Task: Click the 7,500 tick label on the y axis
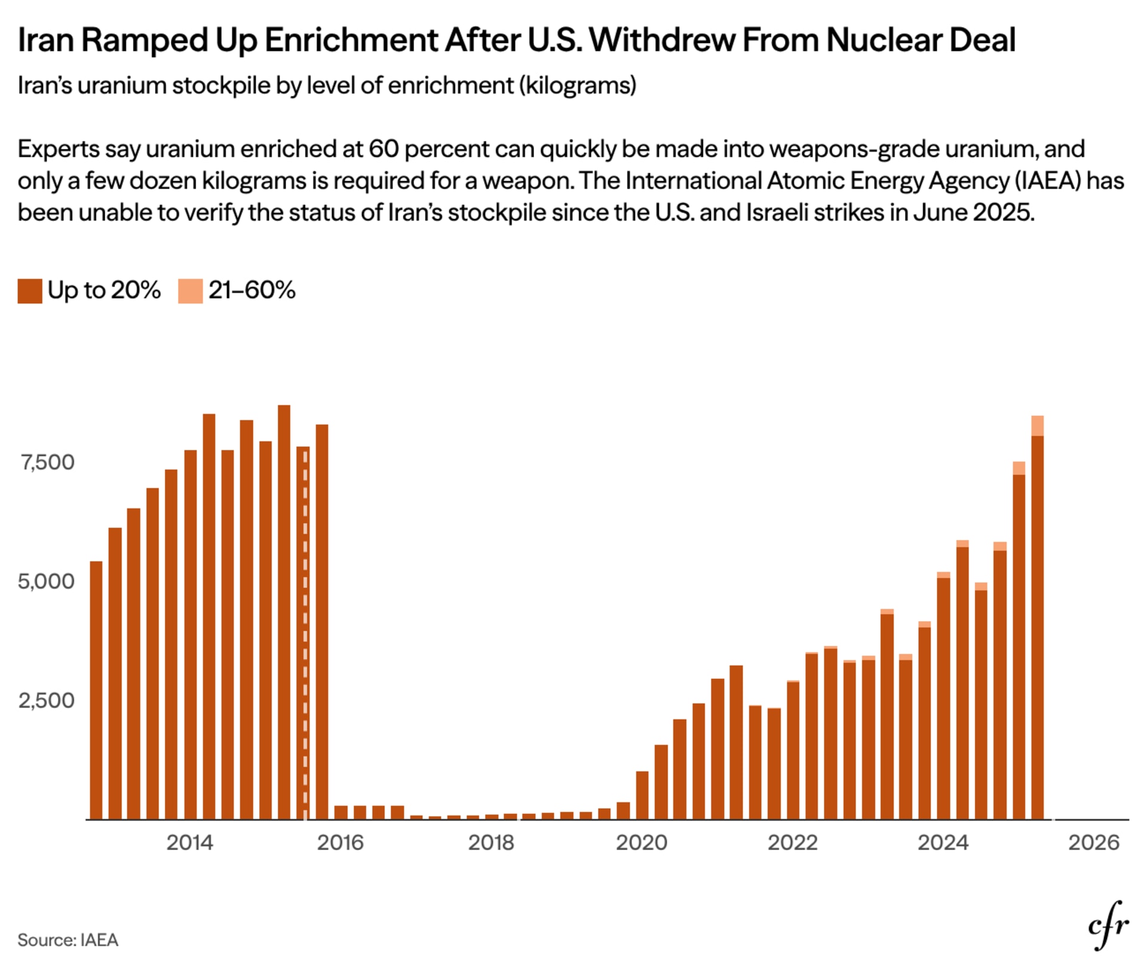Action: (47, 462)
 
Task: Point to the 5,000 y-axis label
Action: (46, 581)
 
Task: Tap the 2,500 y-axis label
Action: (46, 700)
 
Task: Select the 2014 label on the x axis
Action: (189, 842)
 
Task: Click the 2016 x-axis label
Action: (340, 842)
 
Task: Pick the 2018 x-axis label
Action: (491, 842)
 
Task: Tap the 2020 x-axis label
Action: (642, 842)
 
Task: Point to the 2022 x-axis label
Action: (792, 842)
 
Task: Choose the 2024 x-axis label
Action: (943, 842)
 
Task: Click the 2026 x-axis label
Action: (1094, 842)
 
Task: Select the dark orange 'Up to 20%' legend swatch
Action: (30, 291)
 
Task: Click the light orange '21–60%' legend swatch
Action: (191, 291)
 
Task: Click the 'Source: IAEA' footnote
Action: (68, 940)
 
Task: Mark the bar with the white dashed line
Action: (303, 633)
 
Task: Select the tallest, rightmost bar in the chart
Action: (1038, 617)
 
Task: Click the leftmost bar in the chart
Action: (96, 690)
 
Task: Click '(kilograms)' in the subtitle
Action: (578, 85)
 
